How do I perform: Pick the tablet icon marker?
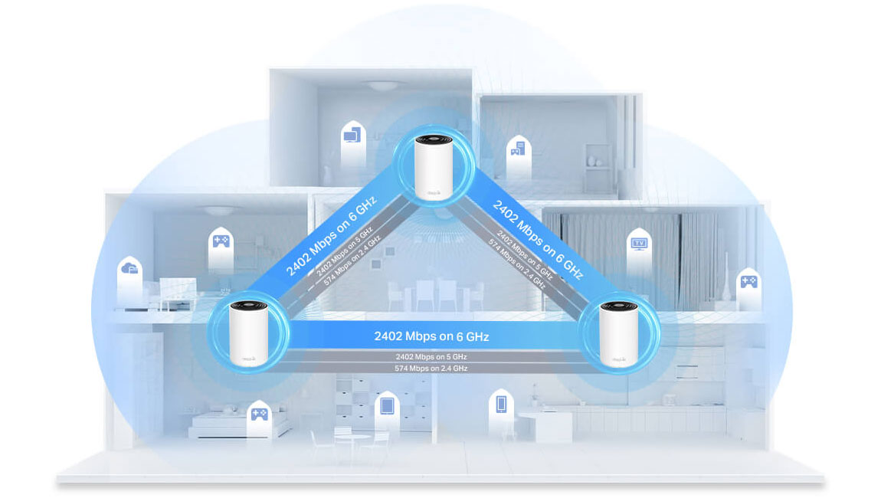(x=386, y=404)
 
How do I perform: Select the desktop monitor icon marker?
(x=351, y=136)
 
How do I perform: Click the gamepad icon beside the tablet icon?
(x=259, y=414)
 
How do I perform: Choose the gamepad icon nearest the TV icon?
(x=747, y=281)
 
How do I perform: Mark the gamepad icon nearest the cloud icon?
(x=220, y=241)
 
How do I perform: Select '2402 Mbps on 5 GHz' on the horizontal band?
(x=431, y=357)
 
